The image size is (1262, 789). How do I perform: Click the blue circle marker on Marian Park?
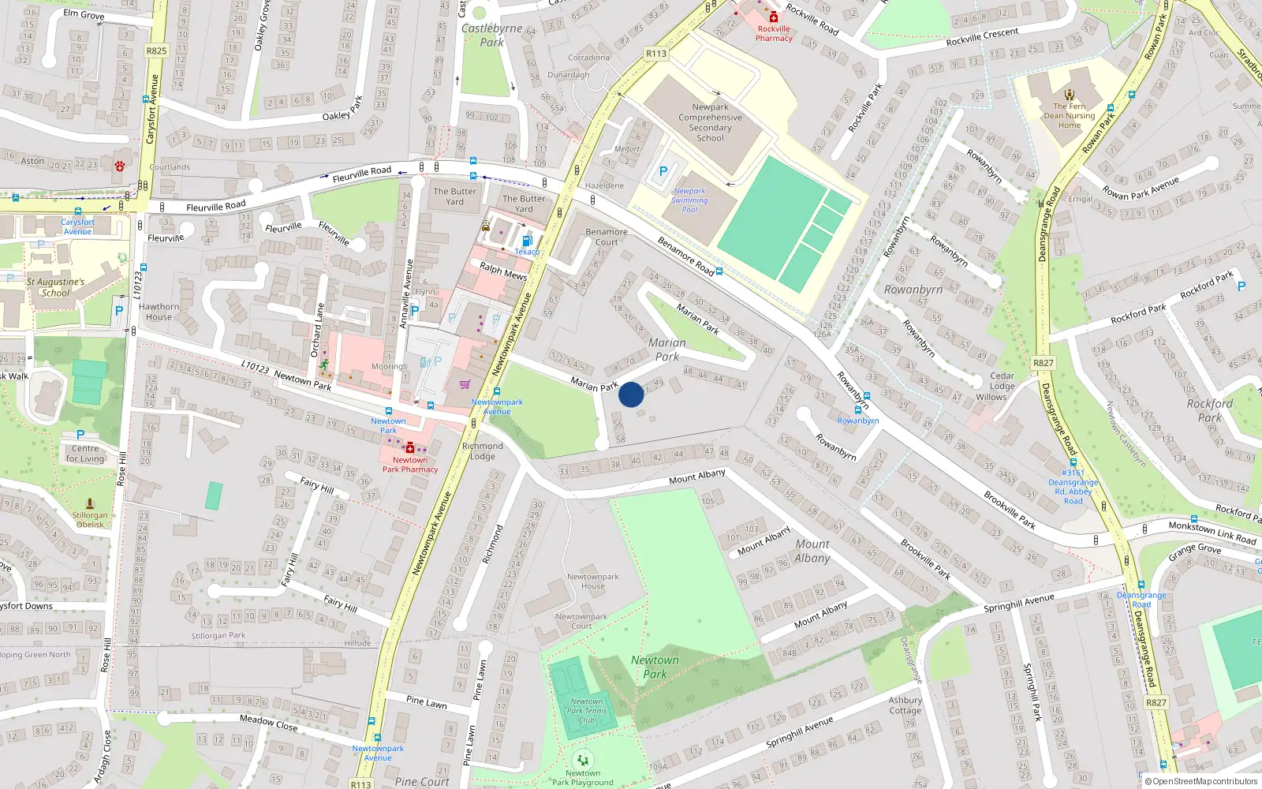point(631,394)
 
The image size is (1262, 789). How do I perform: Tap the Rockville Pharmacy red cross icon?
point(774,17)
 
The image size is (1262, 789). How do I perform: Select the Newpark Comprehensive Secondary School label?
point(710,122)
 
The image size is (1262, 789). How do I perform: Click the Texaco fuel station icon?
point(527,241)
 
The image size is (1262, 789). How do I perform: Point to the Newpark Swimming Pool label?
point(689,200)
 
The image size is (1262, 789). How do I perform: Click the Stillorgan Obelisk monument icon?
point(90,503)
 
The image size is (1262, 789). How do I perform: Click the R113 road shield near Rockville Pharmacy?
point(655,54)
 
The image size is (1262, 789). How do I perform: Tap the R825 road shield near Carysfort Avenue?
point(156,50)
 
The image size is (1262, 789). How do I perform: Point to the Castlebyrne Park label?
point(491,35)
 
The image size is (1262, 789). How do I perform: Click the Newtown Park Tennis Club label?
point(587,710)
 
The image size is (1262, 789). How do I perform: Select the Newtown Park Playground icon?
point(583,760)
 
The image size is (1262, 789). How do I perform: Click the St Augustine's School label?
point(55,287)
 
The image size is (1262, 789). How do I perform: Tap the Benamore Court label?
point(607,237)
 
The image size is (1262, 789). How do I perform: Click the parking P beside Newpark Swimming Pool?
point(663,171)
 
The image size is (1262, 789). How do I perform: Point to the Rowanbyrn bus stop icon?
point(857,409)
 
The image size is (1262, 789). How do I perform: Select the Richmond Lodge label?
point(482,451)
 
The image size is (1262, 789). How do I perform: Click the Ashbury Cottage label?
point(905,705)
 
